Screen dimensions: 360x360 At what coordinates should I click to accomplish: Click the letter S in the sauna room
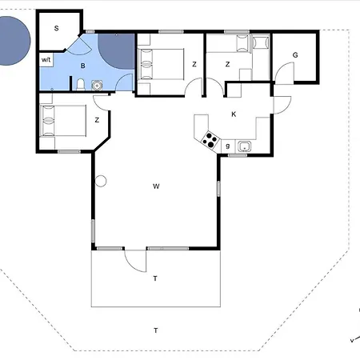click(56, 28)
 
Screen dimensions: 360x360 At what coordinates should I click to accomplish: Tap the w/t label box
click(46, 60)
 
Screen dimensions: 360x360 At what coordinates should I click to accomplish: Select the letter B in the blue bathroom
click(83, 66)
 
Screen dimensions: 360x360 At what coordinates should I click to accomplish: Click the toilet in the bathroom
click(81, 84)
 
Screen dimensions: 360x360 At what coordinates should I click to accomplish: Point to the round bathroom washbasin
click(97, 86)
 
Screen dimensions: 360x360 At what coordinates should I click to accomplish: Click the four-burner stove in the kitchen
click(210, 139)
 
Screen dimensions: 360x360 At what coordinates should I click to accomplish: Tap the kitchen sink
click(244, 146)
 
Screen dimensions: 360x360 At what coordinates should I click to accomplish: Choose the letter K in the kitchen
click(234, 114)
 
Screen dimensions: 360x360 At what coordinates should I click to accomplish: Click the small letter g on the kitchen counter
click(228, 146)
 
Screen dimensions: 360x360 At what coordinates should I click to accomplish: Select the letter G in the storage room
click(295, 55)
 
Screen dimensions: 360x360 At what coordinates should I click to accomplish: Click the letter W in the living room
click(156, 186)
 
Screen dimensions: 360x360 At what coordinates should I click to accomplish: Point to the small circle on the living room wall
click(101, 181)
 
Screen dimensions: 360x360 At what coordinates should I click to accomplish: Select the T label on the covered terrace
click(155, 278)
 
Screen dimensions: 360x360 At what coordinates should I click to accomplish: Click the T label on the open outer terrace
click(156, 330)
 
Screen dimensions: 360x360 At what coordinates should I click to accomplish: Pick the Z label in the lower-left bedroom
click(97, 120)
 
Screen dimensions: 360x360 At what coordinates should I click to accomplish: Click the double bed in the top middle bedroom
click(161, 64)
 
